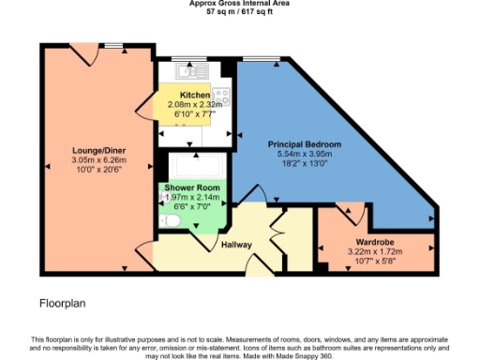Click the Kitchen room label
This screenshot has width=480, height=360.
pos(194,96)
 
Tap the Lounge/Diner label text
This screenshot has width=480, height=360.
pos(99,150)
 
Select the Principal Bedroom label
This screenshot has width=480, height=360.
pos(304,143)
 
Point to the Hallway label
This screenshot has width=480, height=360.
pos(237,245)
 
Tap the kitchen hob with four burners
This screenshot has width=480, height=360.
pos(222,96)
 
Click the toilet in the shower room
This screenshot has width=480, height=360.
pos(170,220)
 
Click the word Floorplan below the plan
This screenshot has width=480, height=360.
pos(63,304)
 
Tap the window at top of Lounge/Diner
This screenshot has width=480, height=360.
pos(116,45)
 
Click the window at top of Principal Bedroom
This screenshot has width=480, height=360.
pos(255,60)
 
